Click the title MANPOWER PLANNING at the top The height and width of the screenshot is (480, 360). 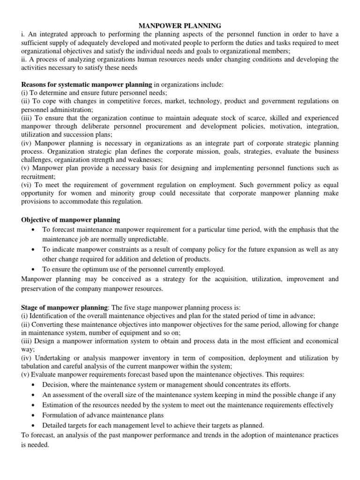coord(180,25)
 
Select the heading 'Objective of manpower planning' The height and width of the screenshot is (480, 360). coord(71,220)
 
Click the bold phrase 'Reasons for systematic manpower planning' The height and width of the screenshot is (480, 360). coord(87,84)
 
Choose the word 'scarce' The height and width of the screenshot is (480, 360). coord(254,119)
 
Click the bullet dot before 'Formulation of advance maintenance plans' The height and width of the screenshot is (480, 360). coord(31,415)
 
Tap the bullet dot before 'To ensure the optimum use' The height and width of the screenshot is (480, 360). coord(31,269)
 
